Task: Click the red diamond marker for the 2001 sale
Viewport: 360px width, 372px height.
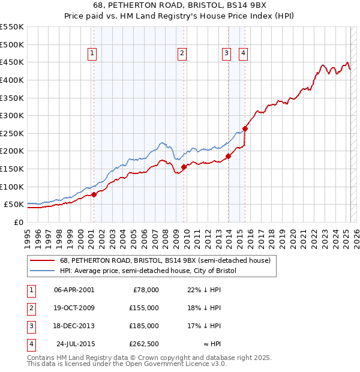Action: pyautogui.click(x=94, y=194)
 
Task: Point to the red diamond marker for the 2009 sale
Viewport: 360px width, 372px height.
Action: pyautogui.click(x=184, y=167)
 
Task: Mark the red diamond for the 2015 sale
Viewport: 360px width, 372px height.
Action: pyautogui.click(x=245, y=128)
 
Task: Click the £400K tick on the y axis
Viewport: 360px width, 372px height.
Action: pyautogui.click(x=11, y=80)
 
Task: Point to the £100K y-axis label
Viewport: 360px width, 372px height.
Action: pyautogui.click(x=11, y=187)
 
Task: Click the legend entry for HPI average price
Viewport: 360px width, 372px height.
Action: pyautogui.click(x=148, y=271)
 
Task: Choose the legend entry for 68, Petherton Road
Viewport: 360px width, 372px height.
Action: pyautogui.click(x=165, y=260)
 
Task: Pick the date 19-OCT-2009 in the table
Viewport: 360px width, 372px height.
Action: pyautogui.click(x=74, y=308)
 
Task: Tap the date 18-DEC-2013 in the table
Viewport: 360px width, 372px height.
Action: pyautogui.click(x=74, y=326)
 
